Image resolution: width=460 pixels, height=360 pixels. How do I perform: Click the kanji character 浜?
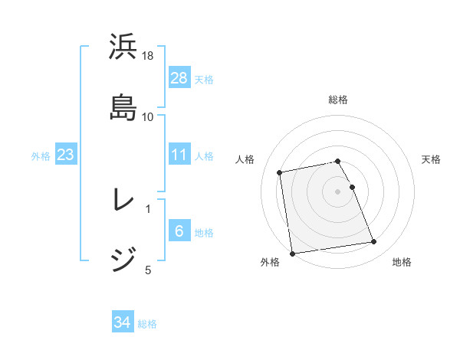coord(123,48)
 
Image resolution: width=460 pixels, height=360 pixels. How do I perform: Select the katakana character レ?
coord(123,200)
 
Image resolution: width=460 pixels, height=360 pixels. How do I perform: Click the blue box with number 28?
coord(179,77)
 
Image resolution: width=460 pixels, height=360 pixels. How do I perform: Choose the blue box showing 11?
coord(179,155)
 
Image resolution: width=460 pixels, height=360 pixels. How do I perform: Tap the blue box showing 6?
coord(179,231)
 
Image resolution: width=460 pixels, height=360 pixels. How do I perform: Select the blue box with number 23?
coord(66,155)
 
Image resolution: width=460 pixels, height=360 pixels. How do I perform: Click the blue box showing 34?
coord(123,323)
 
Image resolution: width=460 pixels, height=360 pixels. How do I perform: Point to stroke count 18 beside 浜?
coord(148,57)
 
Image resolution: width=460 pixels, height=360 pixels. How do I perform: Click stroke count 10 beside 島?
coord(148,117)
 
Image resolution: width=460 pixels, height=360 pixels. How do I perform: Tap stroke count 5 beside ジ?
coord(148,269)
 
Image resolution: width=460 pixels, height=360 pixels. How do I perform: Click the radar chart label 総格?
coord(338,100)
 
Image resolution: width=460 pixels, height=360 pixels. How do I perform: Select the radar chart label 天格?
coord(431,159)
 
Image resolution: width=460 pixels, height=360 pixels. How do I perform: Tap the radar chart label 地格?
coord(402,263)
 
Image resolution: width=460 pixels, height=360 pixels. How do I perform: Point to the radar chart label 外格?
coord(270,263)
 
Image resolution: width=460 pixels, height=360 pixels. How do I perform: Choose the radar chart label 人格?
coord(245,159)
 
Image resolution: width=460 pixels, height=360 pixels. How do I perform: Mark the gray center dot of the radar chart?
coord(338,191)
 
